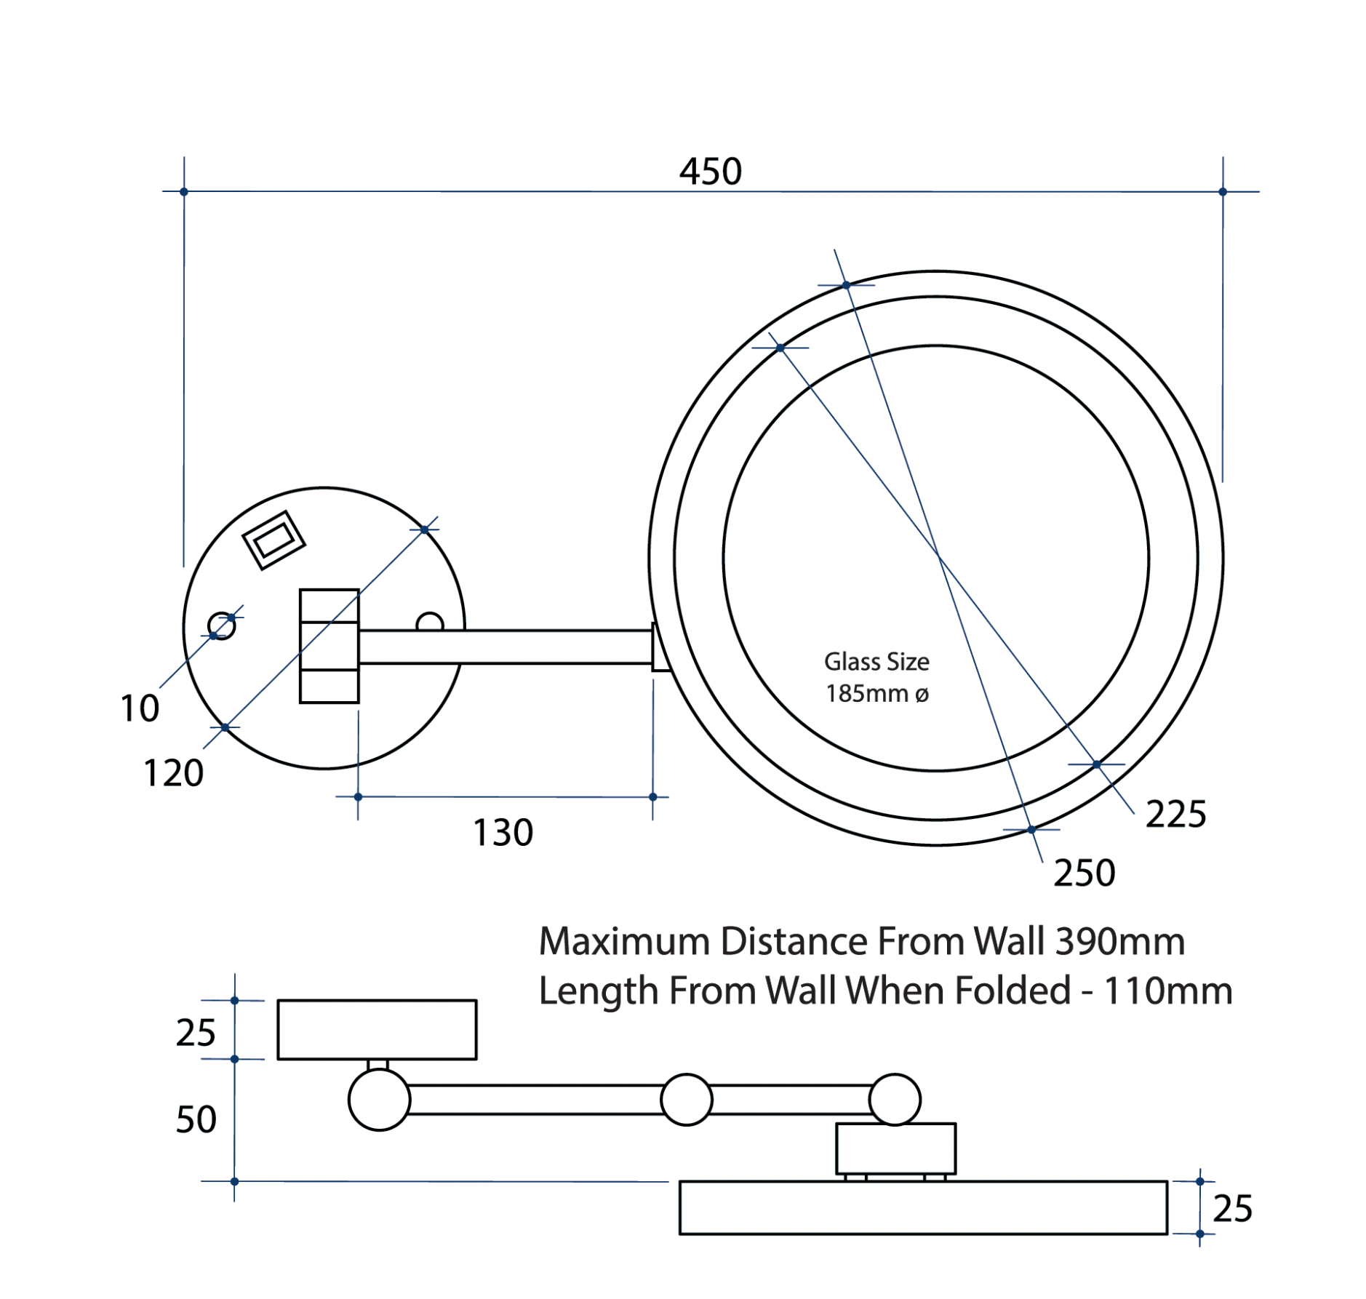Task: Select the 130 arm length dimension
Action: click(502, 832)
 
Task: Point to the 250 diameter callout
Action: click(1083, 873)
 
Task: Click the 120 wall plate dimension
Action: click(173, 772)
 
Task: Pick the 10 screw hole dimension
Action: click(139, 708)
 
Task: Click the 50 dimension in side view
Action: click(196, 1119)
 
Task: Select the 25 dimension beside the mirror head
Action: click(1231, 1209)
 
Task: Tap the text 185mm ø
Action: click(876, 694)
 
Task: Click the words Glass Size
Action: click(876, 662)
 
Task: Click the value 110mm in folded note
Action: click(1167, 991)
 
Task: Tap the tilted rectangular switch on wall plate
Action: click(273, 540)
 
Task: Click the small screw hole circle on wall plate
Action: click(221, 625)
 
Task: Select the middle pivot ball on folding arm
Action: click(685, 1100)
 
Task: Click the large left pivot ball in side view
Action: click(379, 1100)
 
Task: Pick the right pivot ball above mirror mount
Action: click(894, 1099)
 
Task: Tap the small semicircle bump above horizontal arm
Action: click(429, 623)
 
